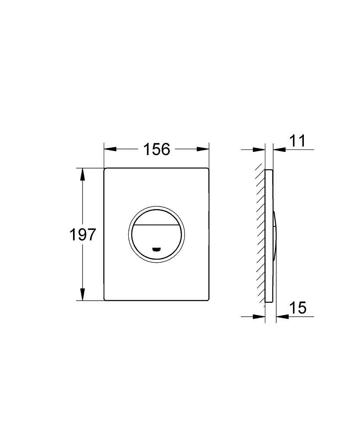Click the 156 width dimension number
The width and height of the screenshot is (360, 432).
[x=156, y=149]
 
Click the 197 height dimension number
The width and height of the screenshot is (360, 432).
[x=83, y=235]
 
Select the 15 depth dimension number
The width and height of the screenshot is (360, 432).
[x=297, y=308]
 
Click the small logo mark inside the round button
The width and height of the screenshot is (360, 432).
[x=157, y=249]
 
